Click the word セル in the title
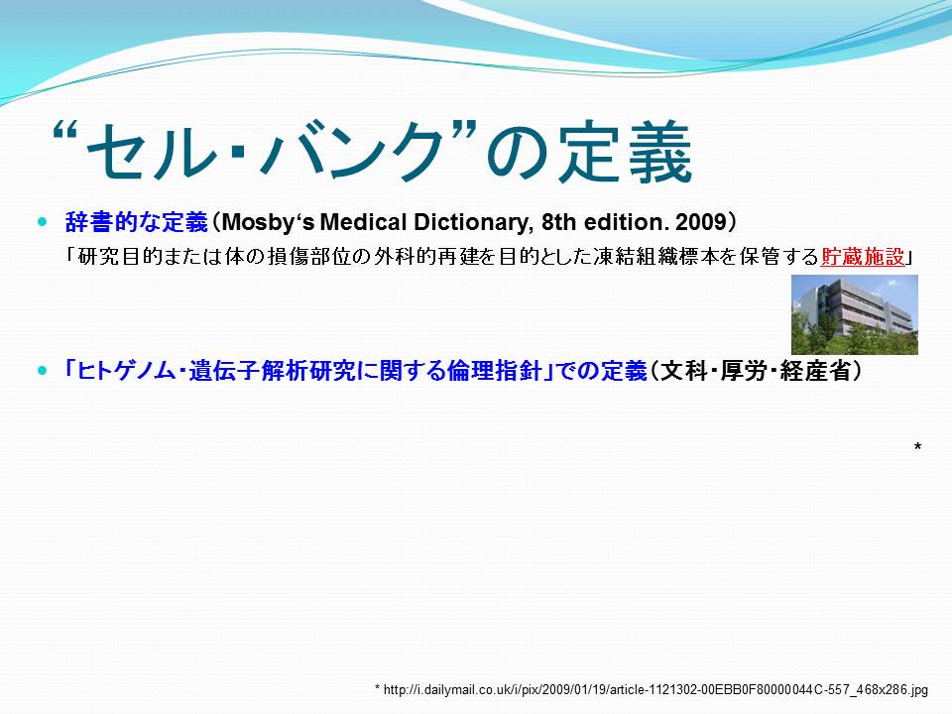tap(153, 151)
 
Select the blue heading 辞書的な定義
tap(137, 222)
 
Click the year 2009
tap(701, 222)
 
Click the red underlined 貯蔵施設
tap(862, 257)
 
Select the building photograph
tap(854, 314)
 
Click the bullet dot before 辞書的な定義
tap(42, 222)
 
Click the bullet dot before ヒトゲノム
tap(42, 370)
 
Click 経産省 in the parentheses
tap(815, 370)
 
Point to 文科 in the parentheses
tap(683, 370)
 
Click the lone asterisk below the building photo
tap(917, 447)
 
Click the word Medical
tap(363, 222)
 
